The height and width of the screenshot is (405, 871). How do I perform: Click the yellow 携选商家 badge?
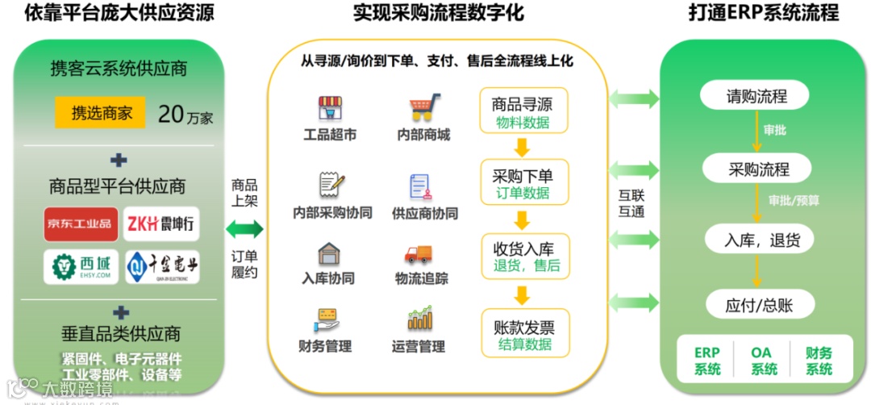(x=100, y=113)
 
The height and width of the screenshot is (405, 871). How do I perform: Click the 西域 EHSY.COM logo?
(x=80, y=266)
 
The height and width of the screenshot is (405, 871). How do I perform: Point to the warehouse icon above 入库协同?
(x=328, y=254)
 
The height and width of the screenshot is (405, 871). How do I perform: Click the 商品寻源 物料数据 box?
(x=523, y=113)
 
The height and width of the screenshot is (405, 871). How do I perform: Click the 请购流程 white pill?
(x=756, y=97)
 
